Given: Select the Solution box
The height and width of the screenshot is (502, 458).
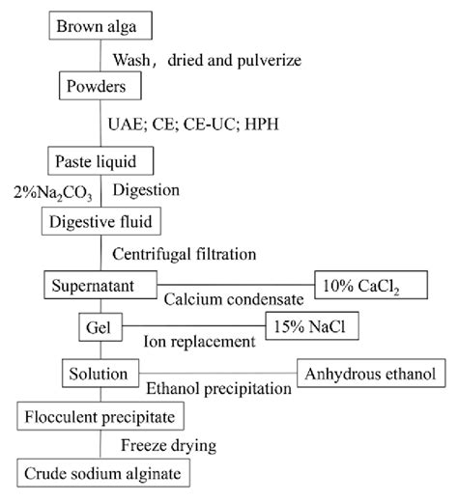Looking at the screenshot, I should pos(100,373).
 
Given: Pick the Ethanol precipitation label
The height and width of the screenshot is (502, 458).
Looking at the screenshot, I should pos(218,388).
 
